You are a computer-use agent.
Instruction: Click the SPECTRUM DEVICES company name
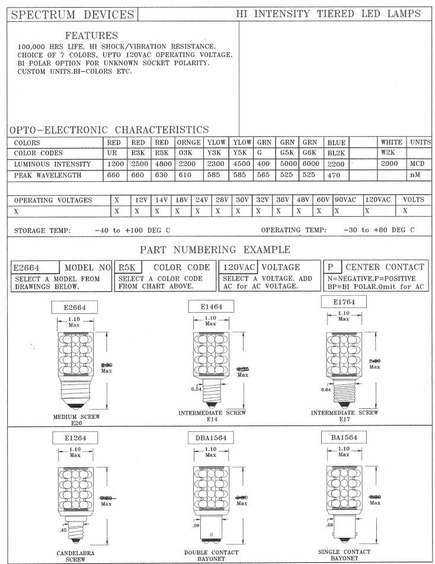pyautogui.click(x=73, y=14)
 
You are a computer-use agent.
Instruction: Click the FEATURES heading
pyautogui.click(x=91, y=36)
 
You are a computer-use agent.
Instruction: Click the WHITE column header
pyautogui.click(x=391, y=142)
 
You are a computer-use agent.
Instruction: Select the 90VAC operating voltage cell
pyautogui.click(x=347, y=200)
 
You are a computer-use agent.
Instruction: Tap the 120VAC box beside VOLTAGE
pyautogui.click(x=238, y=267)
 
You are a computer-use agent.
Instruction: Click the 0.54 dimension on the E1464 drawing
pyautogui.click(x=197, y=389)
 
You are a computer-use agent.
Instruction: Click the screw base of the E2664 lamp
pyautogui.click(x=75, y=396)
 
